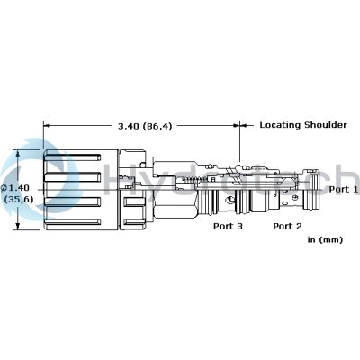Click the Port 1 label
click(x=344, y=189)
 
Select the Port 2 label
click(x=287, y=226)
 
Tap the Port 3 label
click(x=228, y=226)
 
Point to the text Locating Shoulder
click(x=303, y=125)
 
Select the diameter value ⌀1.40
click(x=15, y=188)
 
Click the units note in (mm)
click(x=325, y=240)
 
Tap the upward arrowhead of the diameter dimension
click(x=18, y=154)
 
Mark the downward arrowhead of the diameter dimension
click(x=18, y=226)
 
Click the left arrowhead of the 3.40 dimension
click(x=47, y=125)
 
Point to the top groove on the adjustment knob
click(x=72, y=157)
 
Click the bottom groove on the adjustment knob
click(x=72, y=222)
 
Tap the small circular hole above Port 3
click(x=230, y=199)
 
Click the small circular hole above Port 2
click(x=295, y=197)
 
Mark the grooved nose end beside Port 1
click(x=311, y=189)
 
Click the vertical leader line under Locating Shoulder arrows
click(x=240, y=142)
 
